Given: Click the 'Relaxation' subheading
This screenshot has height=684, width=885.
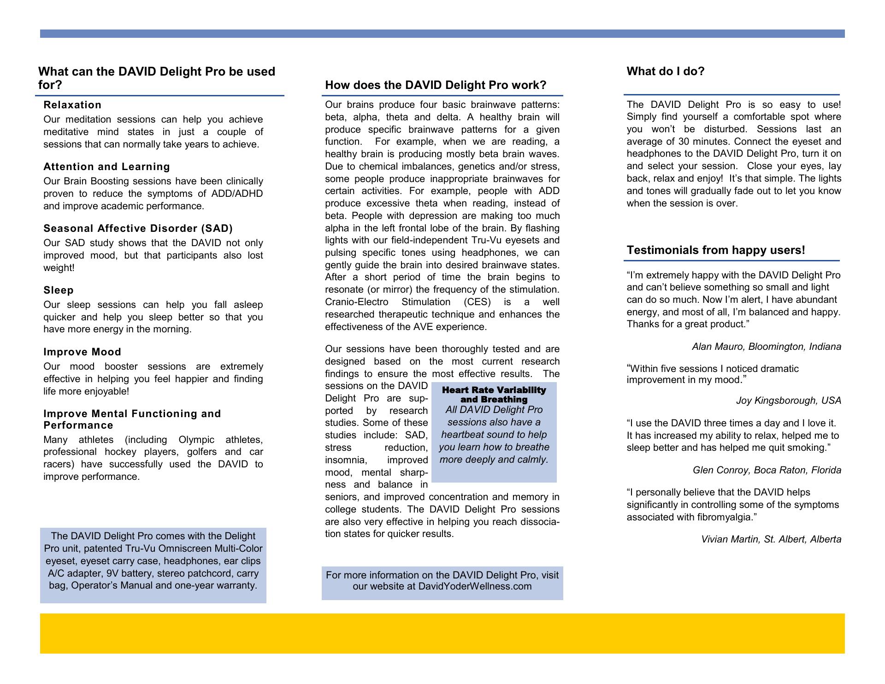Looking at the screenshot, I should (x=72, y=105).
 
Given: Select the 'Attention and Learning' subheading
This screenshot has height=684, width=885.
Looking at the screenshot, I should (x=106, y=167).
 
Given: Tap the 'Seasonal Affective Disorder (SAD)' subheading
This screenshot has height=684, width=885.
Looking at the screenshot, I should (x=138, y=229).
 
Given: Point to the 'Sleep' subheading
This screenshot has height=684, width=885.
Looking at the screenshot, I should (x=59, y=290).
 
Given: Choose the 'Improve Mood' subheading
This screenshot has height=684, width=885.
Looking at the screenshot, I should (x=82, y=352).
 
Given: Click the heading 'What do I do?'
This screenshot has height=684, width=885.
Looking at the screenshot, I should (x=665, y=71).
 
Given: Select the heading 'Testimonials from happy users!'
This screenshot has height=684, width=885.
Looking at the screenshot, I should (x=715, y=250).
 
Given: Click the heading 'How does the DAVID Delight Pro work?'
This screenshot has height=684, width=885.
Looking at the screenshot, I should (x=435, y=85).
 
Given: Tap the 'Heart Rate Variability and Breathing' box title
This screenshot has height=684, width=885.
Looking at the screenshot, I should (x=494, y=395).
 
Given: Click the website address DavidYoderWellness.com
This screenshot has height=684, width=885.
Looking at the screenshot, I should (x=475, y=587).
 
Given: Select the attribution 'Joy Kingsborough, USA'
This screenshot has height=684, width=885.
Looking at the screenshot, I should (x=788, y=401).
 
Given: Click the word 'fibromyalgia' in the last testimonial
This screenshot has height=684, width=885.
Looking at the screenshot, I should (x=725, y=518).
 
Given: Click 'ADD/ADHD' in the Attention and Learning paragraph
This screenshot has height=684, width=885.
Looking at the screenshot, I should (x=241, y=194).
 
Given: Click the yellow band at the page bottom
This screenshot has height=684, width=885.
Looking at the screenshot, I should (x=442, y=633).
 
